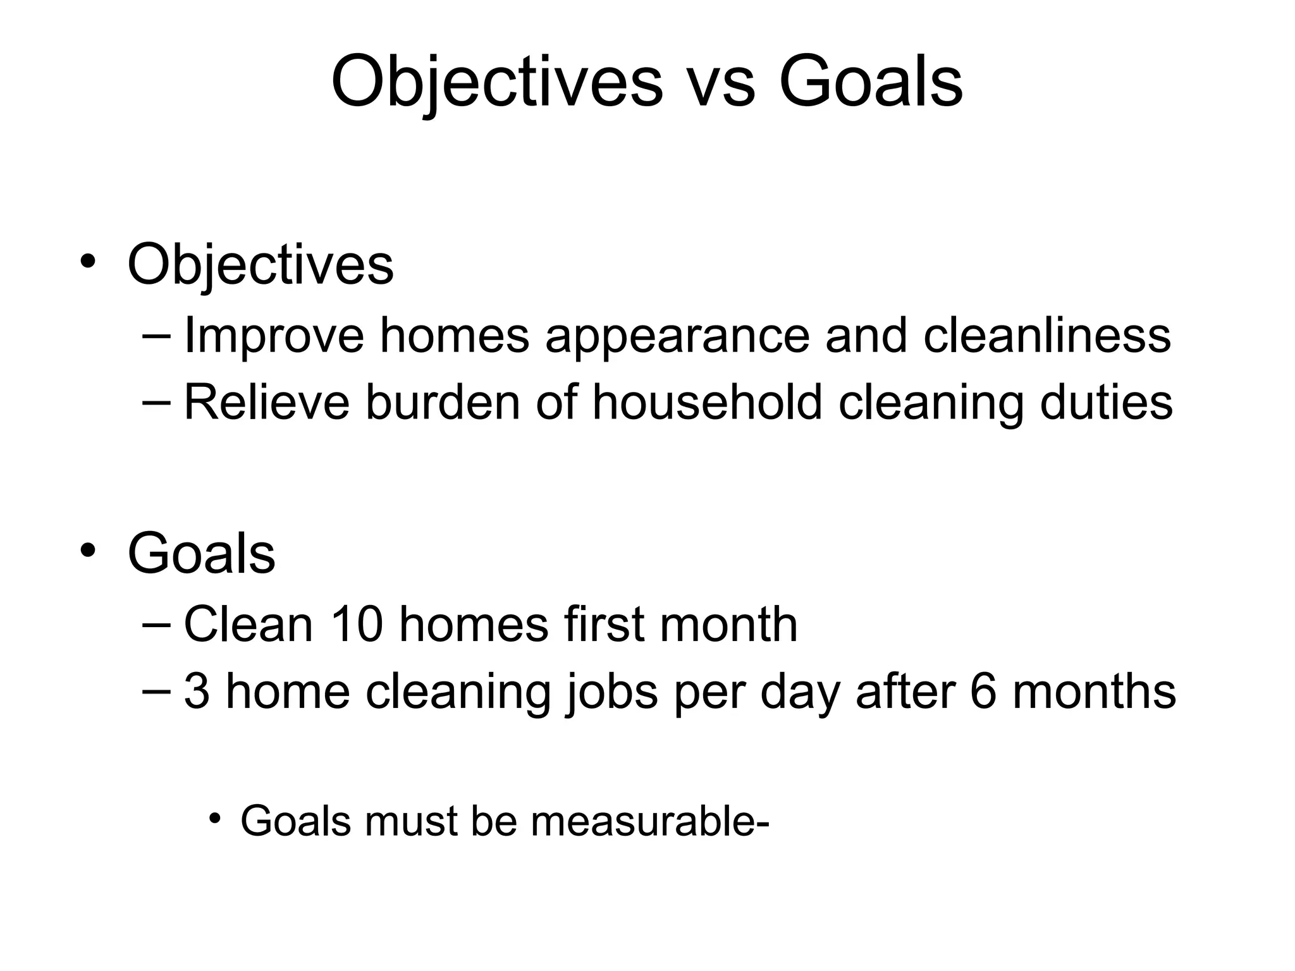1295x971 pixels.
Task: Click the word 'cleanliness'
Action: (x=1046, y=335)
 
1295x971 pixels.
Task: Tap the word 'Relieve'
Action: (x=266, y=402)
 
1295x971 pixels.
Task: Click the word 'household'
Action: (x=707, y=402)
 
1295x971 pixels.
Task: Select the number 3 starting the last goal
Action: (x=197, y=692)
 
